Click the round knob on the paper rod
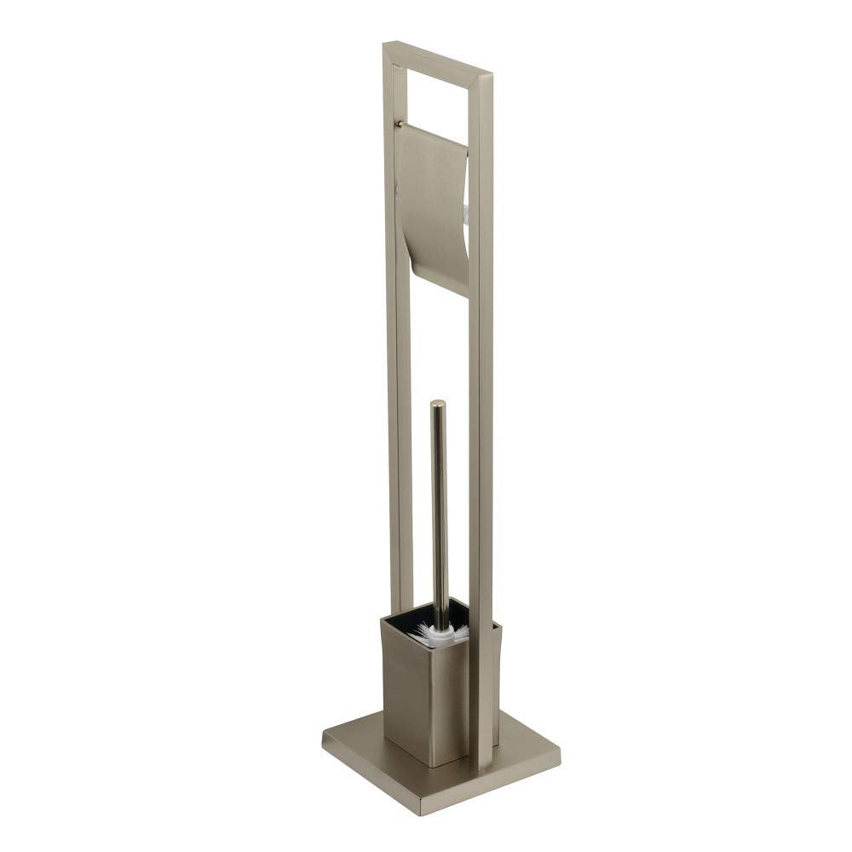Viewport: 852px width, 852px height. [x=400, y=125]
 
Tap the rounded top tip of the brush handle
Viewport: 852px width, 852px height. [x=437, y=405]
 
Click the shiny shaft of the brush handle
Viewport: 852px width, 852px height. [x=439, y=511]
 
